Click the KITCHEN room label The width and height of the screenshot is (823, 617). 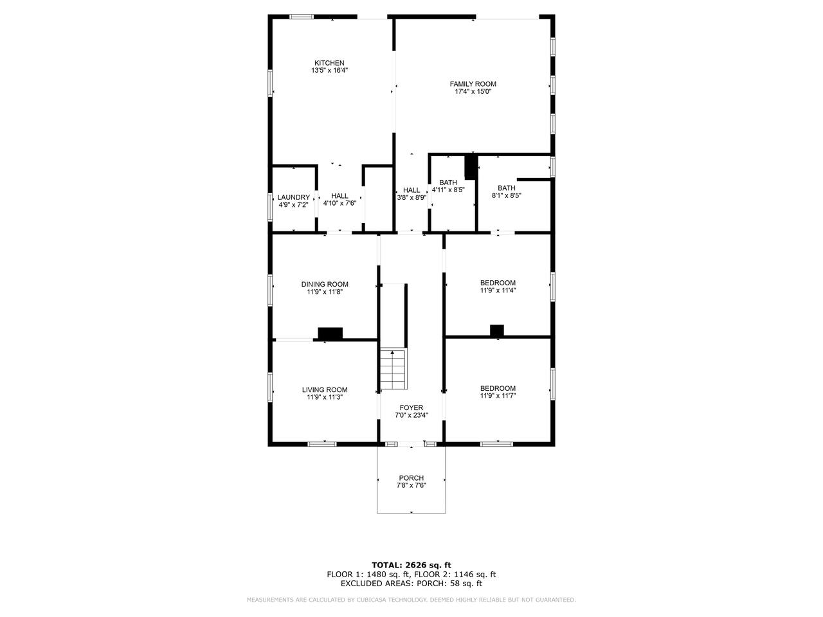click(329, 63)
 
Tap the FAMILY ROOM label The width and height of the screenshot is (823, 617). click(473, 84)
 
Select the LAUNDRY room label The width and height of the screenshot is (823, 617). click(294, 197)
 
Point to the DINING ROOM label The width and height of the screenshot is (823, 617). click(325, 284)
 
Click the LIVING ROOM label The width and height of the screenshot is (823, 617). click(325, 390)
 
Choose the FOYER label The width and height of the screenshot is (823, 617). click(411, 407)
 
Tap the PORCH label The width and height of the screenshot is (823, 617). click(411, 478)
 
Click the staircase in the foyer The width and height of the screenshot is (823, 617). click(393, 370)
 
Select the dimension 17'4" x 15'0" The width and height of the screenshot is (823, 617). click(473, 91)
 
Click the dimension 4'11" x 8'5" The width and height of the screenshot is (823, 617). click(448, 190)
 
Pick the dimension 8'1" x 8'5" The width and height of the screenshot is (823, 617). click(507, 195)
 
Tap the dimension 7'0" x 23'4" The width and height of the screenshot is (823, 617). click(411, 415)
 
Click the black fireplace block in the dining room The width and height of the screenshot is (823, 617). click(330, 333)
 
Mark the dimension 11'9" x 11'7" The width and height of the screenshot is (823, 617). click(498, 396)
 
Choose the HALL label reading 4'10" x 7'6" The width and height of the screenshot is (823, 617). click(339, 195)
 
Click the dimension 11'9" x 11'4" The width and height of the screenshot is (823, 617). click(498, 290)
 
